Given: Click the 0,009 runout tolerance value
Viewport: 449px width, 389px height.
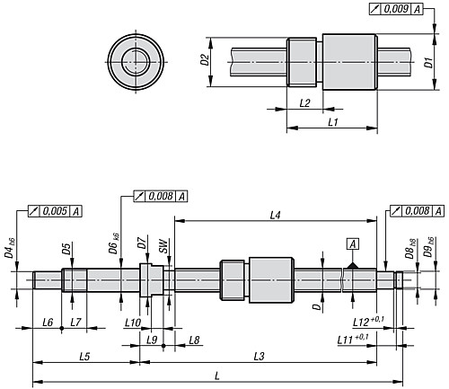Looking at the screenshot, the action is coord(396,9).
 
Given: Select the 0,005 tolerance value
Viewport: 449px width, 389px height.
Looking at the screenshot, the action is coord(55,211).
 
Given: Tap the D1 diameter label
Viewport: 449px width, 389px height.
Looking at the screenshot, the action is coord(429,63).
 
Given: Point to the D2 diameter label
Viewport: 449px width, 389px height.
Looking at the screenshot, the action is coord(205,59).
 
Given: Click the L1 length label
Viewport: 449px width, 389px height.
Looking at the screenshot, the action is coord(333,122).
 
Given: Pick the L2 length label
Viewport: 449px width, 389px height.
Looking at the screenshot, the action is coord(304,103).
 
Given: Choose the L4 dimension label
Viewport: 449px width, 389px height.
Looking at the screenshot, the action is coord(275,215).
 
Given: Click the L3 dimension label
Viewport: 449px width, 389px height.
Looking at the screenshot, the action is coord(260,357).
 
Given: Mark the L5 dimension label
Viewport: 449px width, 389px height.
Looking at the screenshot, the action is coord(84,357).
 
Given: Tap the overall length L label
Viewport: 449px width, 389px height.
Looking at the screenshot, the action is coord(217,376).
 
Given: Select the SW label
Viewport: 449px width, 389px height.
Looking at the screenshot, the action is coord(163,246).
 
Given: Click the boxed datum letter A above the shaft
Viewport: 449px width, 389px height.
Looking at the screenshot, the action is coord(353,244).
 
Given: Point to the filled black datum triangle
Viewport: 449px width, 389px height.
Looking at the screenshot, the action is coord(353,265).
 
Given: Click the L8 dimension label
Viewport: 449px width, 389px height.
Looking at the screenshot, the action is coord(194,340).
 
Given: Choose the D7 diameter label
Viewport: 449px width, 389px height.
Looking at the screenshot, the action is coord(142,243).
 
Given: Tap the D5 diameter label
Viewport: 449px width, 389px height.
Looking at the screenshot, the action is coord(66,249).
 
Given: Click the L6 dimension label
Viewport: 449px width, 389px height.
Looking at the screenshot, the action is coord(48,323).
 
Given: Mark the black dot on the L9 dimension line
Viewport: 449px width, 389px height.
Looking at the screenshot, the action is coord(163,346).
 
